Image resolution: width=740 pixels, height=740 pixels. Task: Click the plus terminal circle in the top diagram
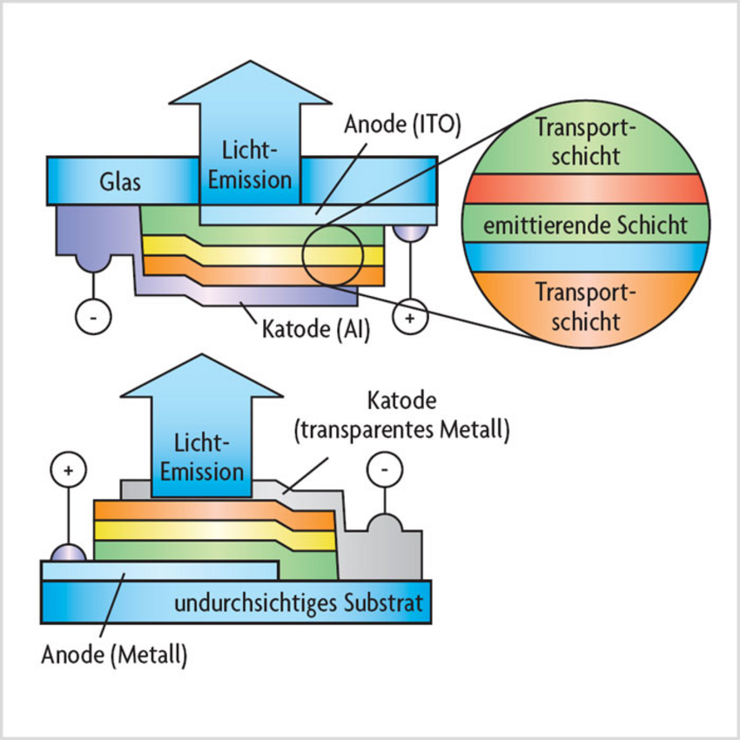pyautogui.click(x=409, y=319)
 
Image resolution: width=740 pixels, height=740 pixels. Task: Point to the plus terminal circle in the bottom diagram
pyautogui.click(x=70, y=472)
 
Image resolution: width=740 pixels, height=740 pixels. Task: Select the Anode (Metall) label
pyautogui.click(x=114, y=654)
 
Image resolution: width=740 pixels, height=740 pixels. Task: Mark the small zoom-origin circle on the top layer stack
pyautogui.click(x=332, y=255)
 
